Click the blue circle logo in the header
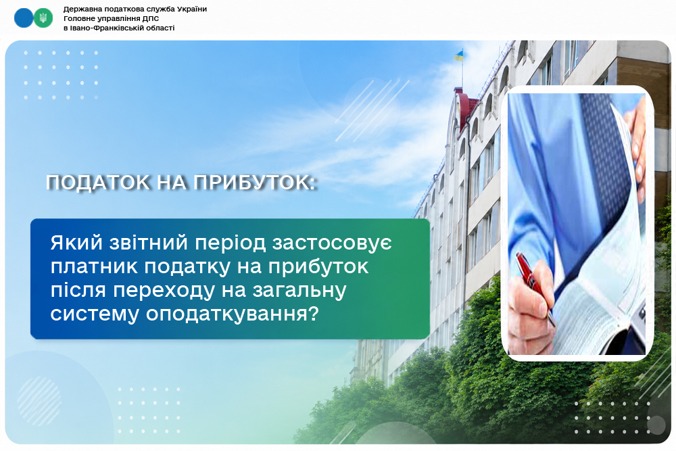click(24, 18)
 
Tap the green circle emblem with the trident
click(43, 18)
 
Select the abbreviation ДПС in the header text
click(151, 18)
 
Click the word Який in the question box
click(76, 243)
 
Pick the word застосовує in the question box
click(332, 243)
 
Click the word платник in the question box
click(93, 267)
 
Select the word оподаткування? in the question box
click(232, 314)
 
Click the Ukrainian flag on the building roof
click(459, 55)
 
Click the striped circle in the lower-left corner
click(39, 402)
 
